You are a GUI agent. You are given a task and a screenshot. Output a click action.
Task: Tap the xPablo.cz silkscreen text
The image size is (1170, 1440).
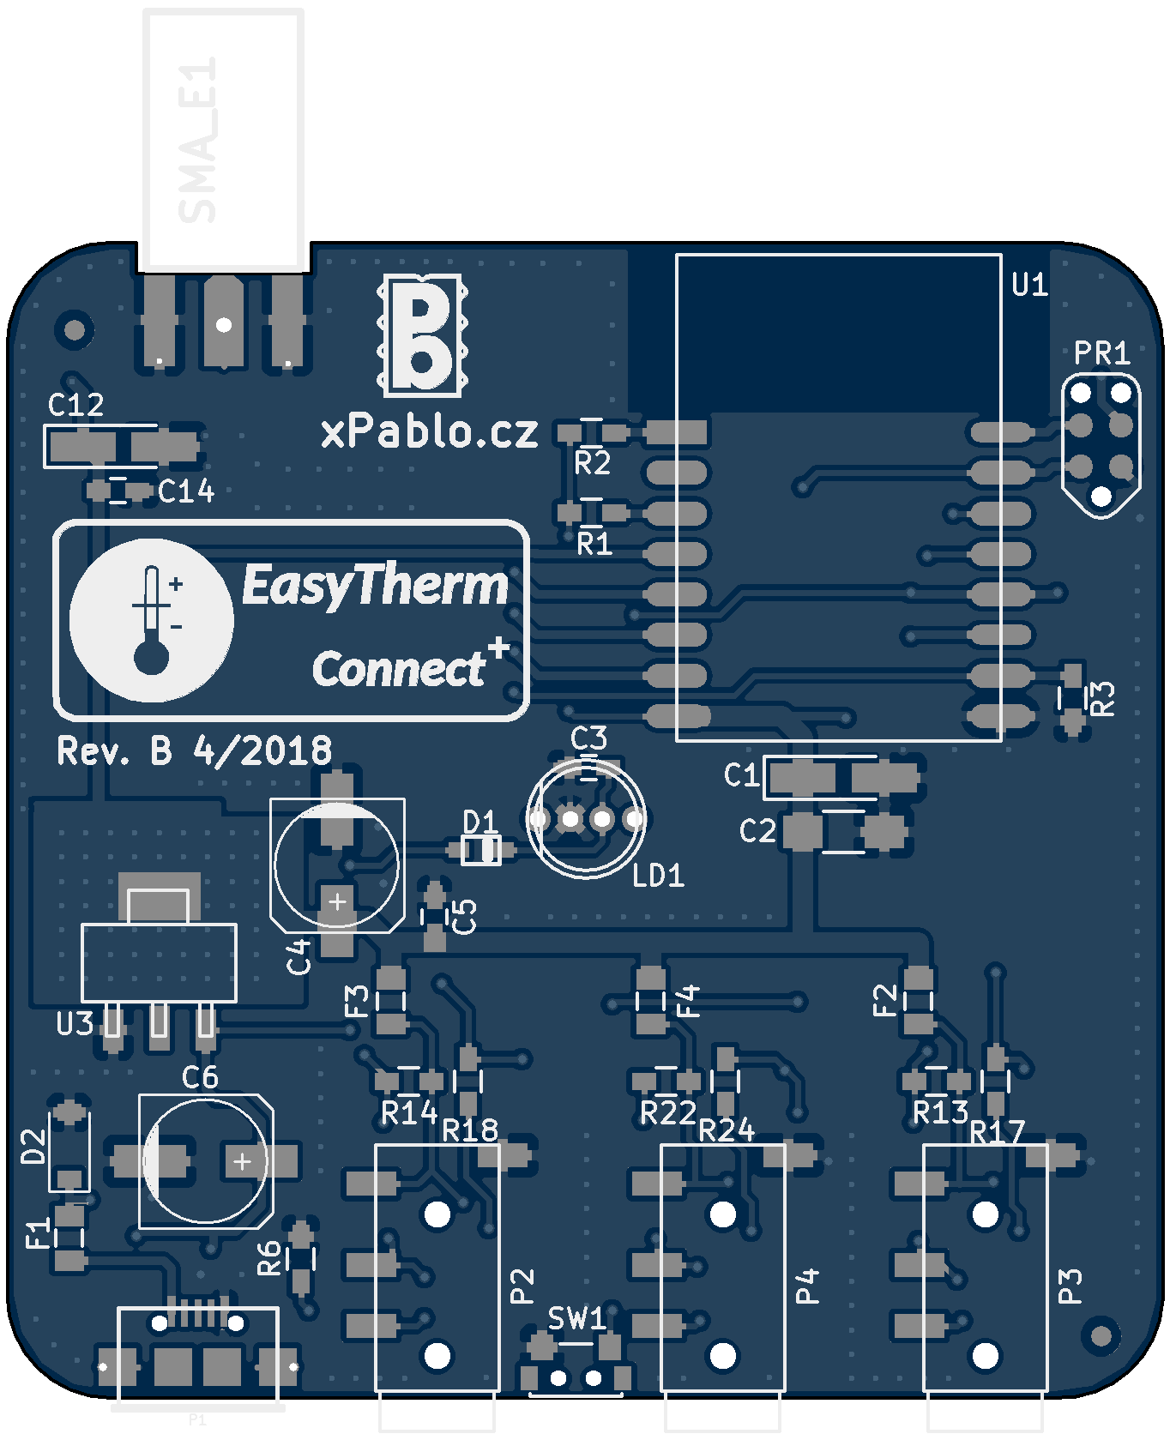tap(429, 431)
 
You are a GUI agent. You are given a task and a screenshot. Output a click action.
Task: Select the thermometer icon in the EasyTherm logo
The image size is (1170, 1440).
tap(152, 620)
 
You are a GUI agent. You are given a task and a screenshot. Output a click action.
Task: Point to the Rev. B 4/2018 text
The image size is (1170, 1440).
tap(194, 751)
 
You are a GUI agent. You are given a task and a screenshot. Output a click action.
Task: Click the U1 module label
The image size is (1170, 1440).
tap(1029, 285)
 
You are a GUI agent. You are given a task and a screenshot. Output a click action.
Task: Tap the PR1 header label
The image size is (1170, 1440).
tap(1101, 352)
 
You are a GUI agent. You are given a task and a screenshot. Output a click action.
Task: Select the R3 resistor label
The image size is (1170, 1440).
tap(1103, 698)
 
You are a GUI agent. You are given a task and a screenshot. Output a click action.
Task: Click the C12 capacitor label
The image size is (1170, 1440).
tap(75, 405)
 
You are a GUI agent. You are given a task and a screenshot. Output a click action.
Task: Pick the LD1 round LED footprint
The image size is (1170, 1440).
tap(587, 819)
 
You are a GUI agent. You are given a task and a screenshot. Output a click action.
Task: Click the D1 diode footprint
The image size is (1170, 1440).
tap(481, 850)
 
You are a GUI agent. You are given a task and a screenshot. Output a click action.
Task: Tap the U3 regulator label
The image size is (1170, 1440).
tap(75, 1023)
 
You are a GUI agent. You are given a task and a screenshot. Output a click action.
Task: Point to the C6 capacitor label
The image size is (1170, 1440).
tap(200, 1077)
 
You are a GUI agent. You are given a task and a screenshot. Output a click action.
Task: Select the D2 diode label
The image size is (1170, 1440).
tap(33, 1146)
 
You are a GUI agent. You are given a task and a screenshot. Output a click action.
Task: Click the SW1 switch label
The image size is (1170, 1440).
tap(576, 1318)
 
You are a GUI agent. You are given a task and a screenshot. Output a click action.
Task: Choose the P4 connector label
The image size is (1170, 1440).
tap(807, 1286)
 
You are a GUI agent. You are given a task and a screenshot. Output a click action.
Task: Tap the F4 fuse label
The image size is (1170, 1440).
tap(688, 1001)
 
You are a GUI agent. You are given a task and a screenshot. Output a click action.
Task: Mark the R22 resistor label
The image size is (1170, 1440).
tap(668, 1112)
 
